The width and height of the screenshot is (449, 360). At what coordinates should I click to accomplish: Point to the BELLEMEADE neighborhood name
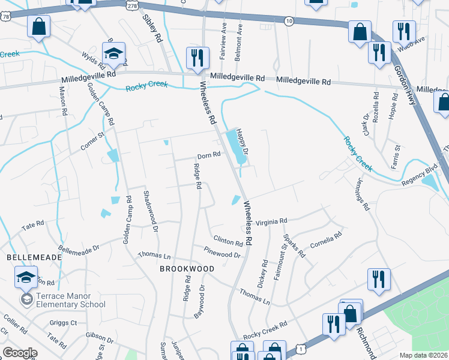tap(34, 257)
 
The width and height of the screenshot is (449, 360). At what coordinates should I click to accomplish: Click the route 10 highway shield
tap(289, 21)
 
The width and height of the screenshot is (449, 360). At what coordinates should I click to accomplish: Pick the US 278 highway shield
tap(131, 5)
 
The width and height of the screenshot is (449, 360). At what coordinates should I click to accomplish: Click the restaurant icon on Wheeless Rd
tap(197, 58)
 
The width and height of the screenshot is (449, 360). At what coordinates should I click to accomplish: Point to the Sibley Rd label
tap(152, 28)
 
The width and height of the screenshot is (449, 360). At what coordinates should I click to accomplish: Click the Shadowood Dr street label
tap(150, 211)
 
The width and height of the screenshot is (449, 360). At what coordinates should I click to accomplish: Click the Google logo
tap(20, 353)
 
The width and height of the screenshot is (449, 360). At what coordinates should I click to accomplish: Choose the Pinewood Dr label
tap(221, 254)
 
